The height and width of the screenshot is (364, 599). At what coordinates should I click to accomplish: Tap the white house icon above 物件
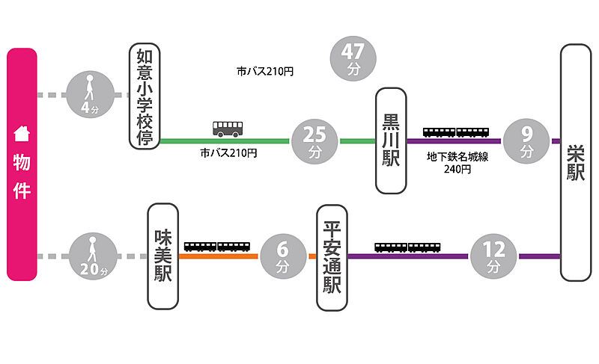click(22, 135)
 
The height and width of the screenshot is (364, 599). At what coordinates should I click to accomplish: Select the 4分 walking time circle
click(89, 95)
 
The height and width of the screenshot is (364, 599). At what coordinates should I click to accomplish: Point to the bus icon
click(228, 129)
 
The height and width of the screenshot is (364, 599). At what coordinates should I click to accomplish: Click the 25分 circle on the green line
click(314, 141)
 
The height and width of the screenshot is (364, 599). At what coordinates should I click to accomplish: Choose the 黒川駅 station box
click(391, 141)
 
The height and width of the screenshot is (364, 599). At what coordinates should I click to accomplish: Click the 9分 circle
click(527, 141)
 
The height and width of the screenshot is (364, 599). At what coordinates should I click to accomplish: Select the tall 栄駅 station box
click(575, 163)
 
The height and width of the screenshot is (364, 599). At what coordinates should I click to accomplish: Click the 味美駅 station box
click(163, 256)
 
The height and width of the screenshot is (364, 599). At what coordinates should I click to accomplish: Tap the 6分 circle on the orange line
click(282, 256)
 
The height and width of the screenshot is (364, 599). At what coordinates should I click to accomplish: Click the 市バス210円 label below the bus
click(228, 152)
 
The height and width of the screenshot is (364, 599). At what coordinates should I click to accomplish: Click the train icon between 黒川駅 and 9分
click(457, 132)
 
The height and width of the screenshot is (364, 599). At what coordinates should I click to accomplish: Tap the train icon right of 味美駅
click(217, 247)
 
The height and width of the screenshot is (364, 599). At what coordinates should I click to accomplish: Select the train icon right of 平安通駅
click(408, 247)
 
